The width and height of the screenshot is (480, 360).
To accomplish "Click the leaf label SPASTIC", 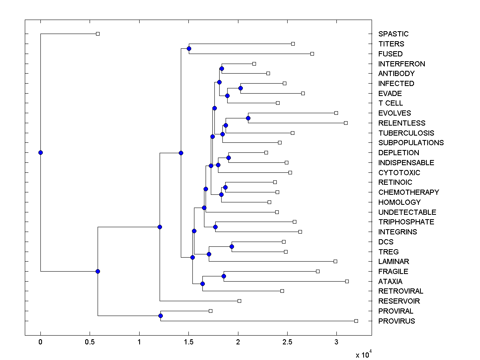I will (x=393, y=34).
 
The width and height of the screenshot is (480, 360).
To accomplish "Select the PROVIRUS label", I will (x=396, y=321).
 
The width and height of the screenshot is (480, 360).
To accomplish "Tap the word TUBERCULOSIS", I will (x=406, y=133).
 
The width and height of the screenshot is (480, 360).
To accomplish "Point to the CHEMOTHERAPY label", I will (x=408, y=192).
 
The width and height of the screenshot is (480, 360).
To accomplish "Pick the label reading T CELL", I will (x=390, y=103).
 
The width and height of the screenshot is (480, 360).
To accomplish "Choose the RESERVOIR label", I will (x=399, y=301).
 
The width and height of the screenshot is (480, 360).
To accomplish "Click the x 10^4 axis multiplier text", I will (x=364, y=354).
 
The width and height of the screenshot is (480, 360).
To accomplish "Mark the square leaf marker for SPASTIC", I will (x=98, y=34).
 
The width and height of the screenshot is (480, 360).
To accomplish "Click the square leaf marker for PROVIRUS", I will (x=356, y=321).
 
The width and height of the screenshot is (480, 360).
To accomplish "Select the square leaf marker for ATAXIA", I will (x=347, y=281).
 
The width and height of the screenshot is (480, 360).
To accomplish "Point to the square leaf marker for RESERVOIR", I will (x=239, y=301).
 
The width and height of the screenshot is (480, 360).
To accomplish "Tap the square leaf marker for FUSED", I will (x=312, y=54).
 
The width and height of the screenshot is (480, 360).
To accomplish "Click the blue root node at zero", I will (x=40, y=152).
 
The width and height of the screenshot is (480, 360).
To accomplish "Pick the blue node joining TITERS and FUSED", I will (x=189, y=48).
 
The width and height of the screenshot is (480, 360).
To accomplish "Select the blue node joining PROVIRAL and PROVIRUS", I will (x=160, y=316).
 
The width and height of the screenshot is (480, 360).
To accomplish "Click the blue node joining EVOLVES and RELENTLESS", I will (x=248, y=118).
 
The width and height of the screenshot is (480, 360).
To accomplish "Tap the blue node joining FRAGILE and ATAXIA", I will (x=224, y=276).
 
